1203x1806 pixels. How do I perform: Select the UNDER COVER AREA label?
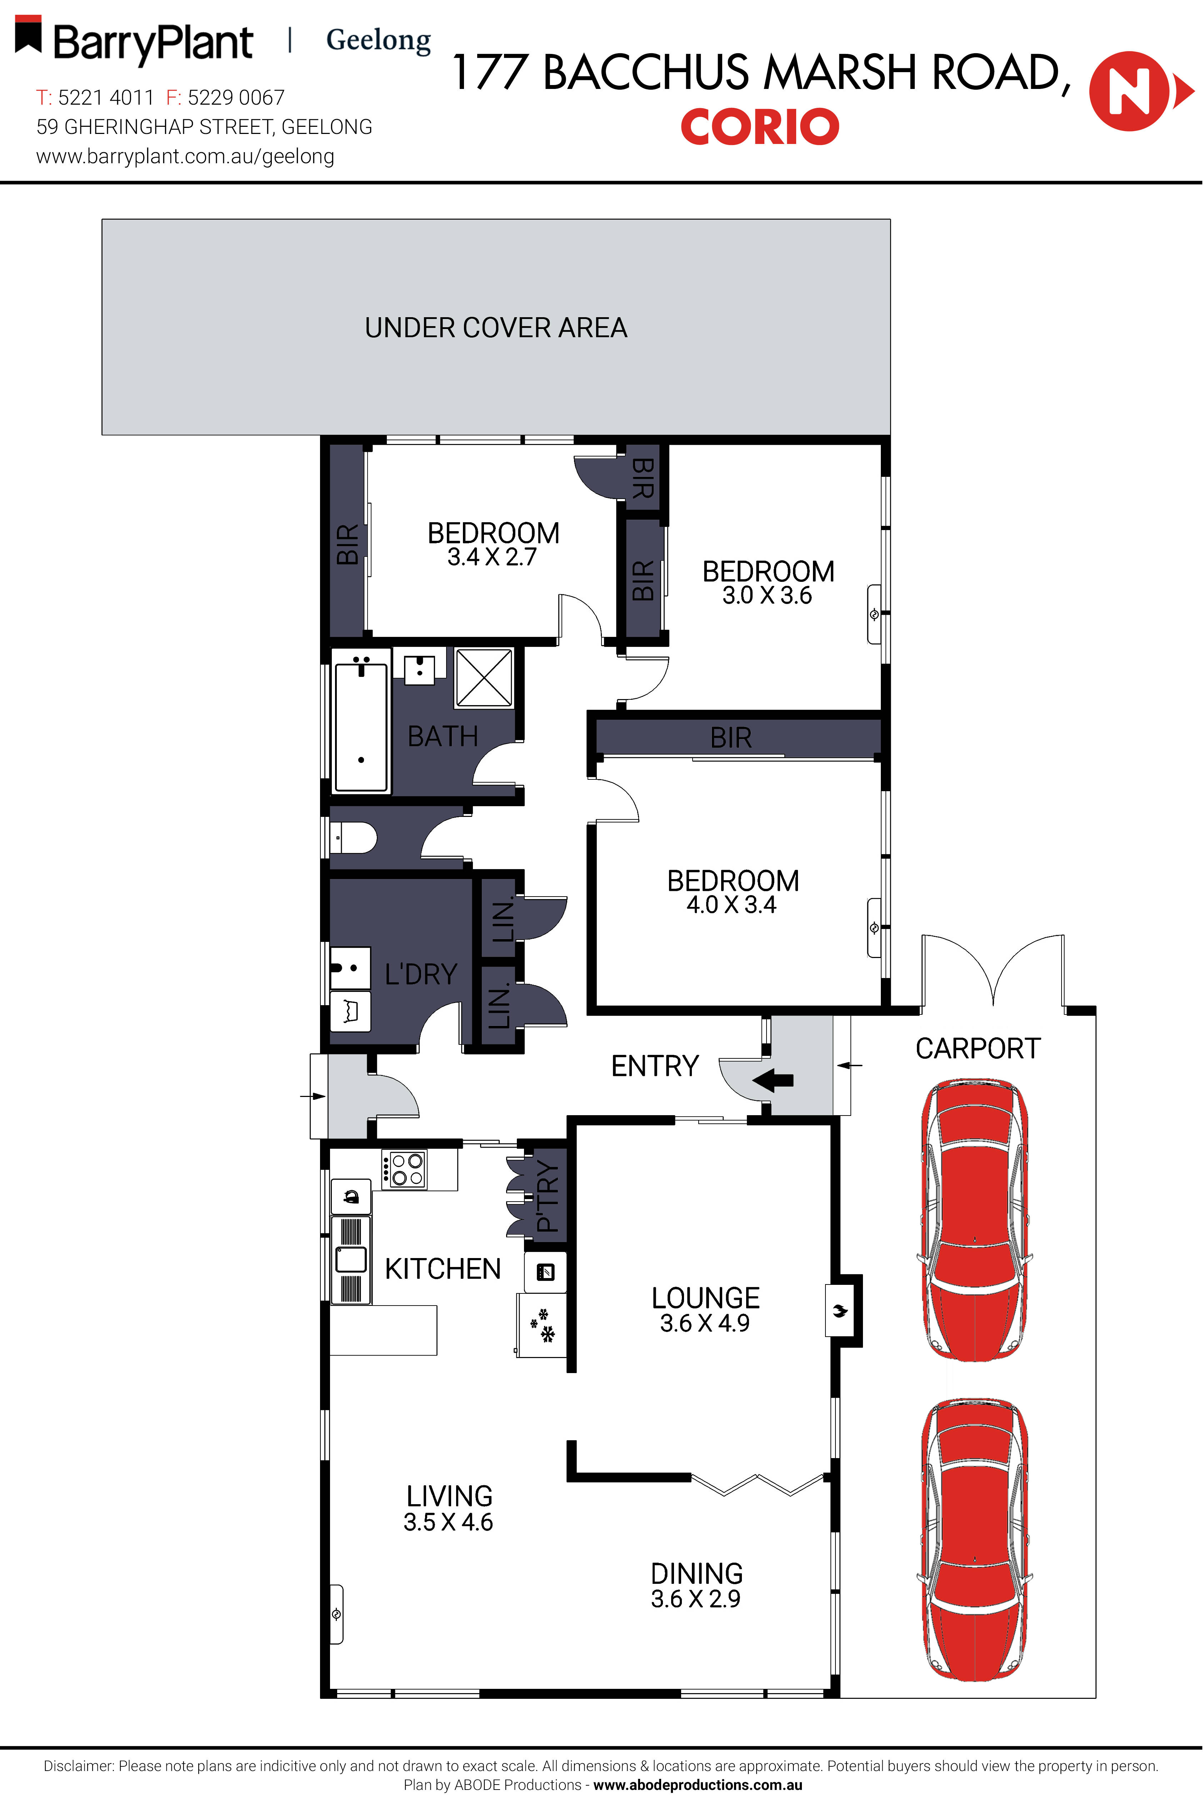(496, 328)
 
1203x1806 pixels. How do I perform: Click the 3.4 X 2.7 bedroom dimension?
(492, 557)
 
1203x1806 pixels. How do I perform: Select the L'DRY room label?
(420, 974)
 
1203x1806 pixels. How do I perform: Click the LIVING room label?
(450, 1496)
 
